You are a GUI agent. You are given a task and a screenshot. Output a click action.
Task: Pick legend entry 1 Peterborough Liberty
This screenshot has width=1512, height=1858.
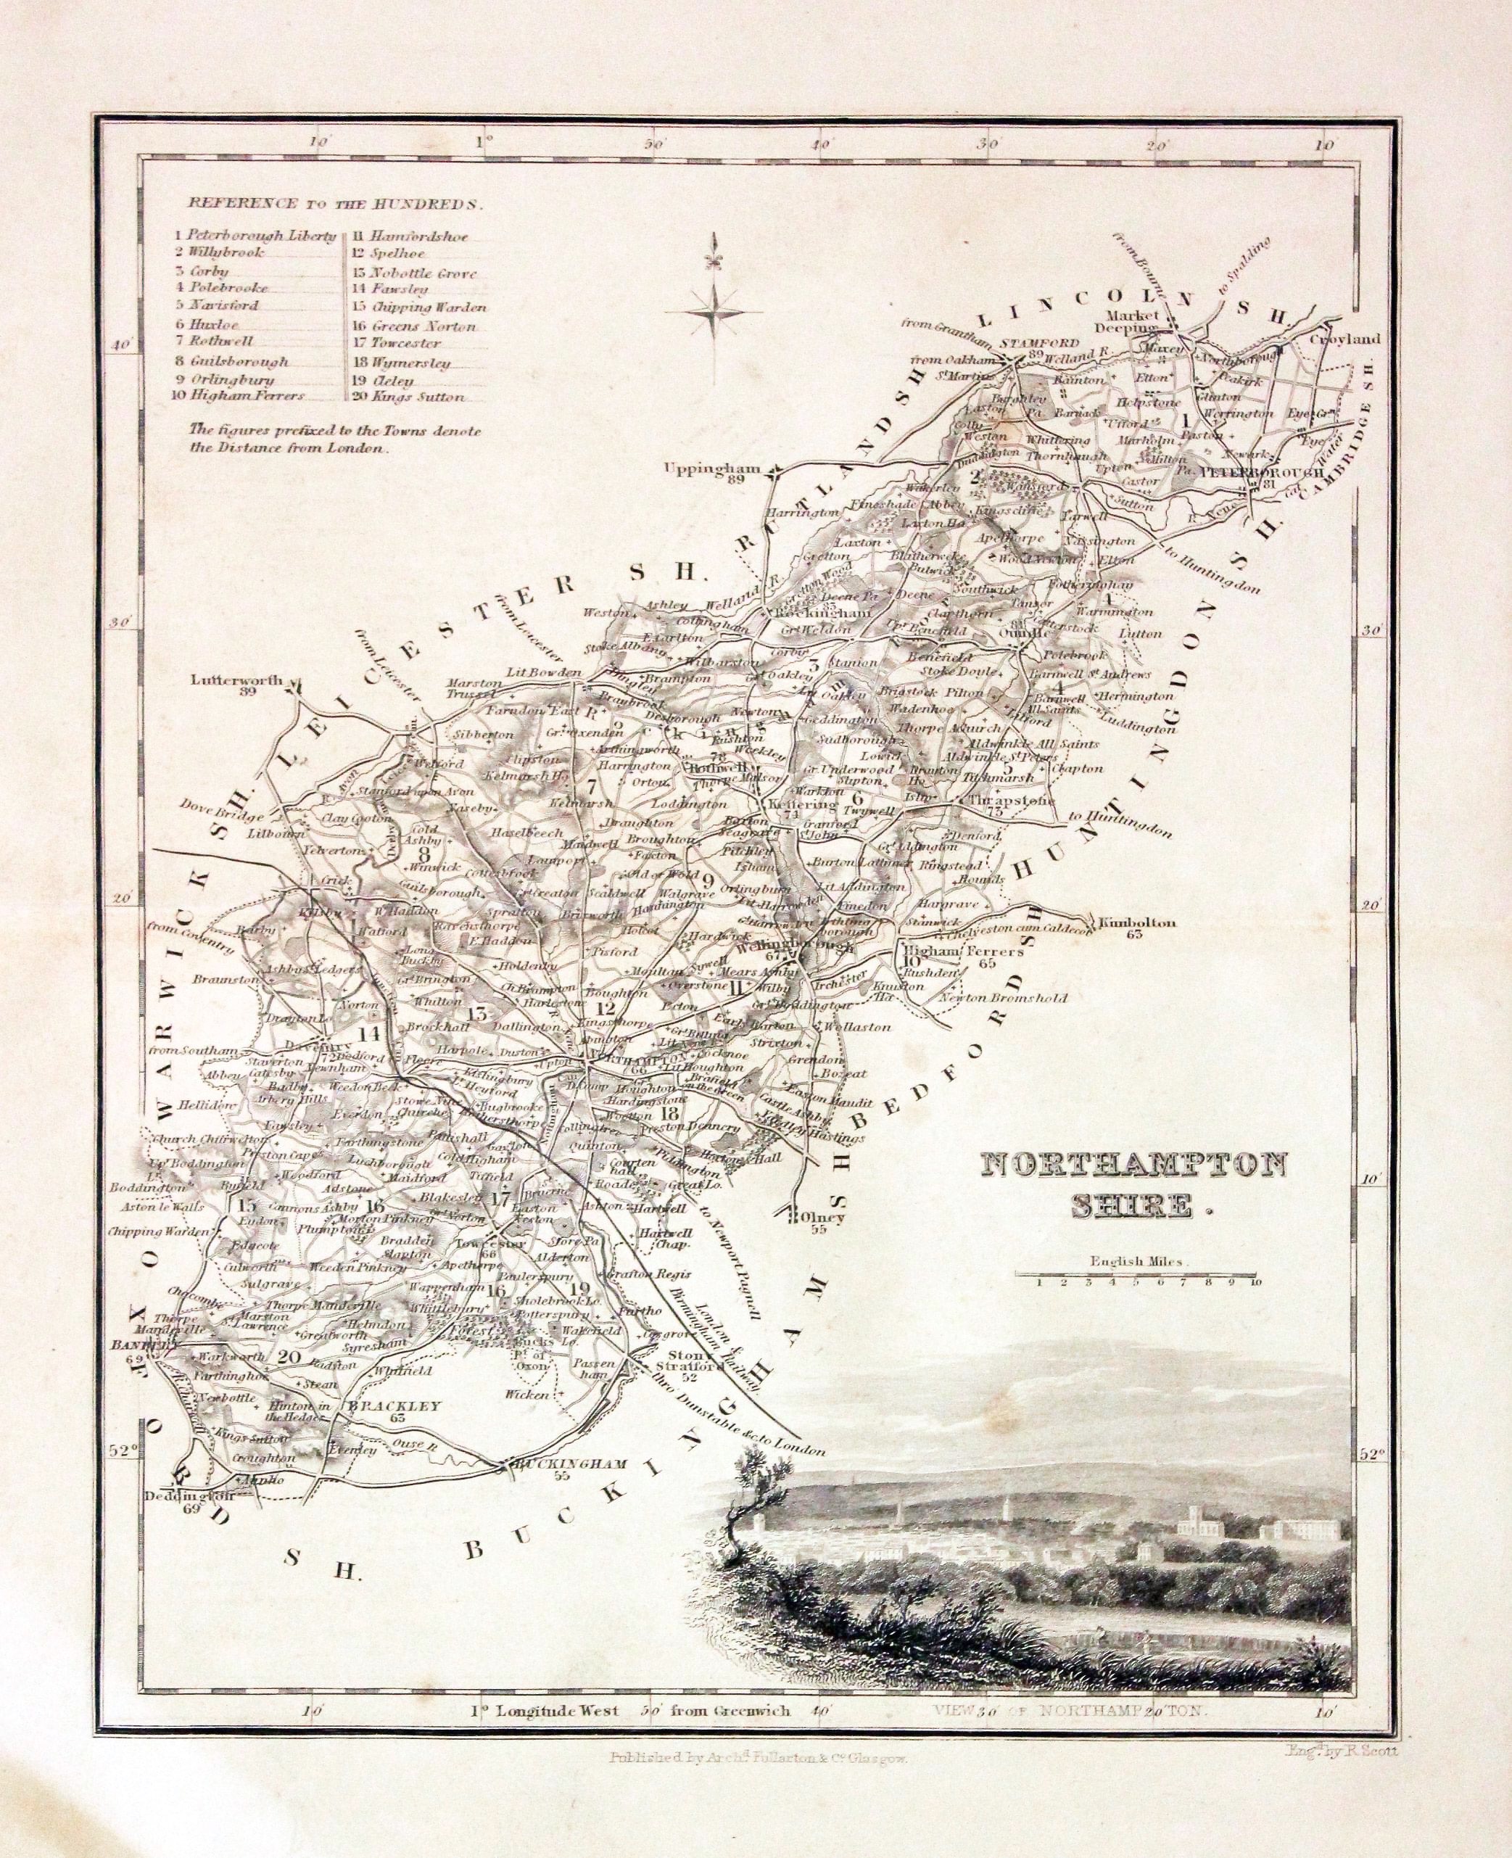[255, 235]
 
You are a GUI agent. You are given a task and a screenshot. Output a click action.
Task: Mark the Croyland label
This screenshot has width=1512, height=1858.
[1346, 338]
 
